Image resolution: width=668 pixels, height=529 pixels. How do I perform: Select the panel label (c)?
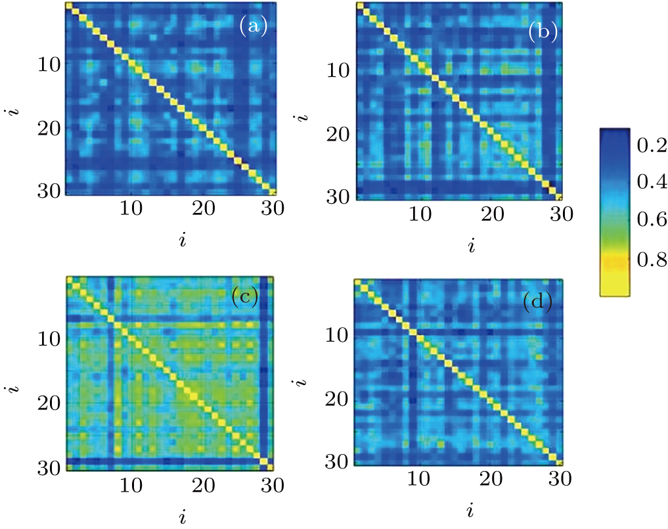pos(244,298)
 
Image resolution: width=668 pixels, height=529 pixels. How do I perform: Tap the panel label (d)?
pos(537,302)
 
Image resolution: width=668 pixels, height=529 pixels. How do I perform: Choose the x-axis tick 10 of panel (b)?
pos(420,214)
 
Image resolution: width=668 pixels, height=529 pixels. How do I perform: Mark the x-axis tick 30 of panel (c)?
pos(269,486)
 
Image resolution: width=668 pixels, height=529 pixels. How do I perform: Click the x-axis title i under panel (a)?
pos(183,241)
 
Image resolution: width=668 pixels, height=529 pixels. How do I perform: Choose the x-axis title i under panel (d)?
pos(471,510)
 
